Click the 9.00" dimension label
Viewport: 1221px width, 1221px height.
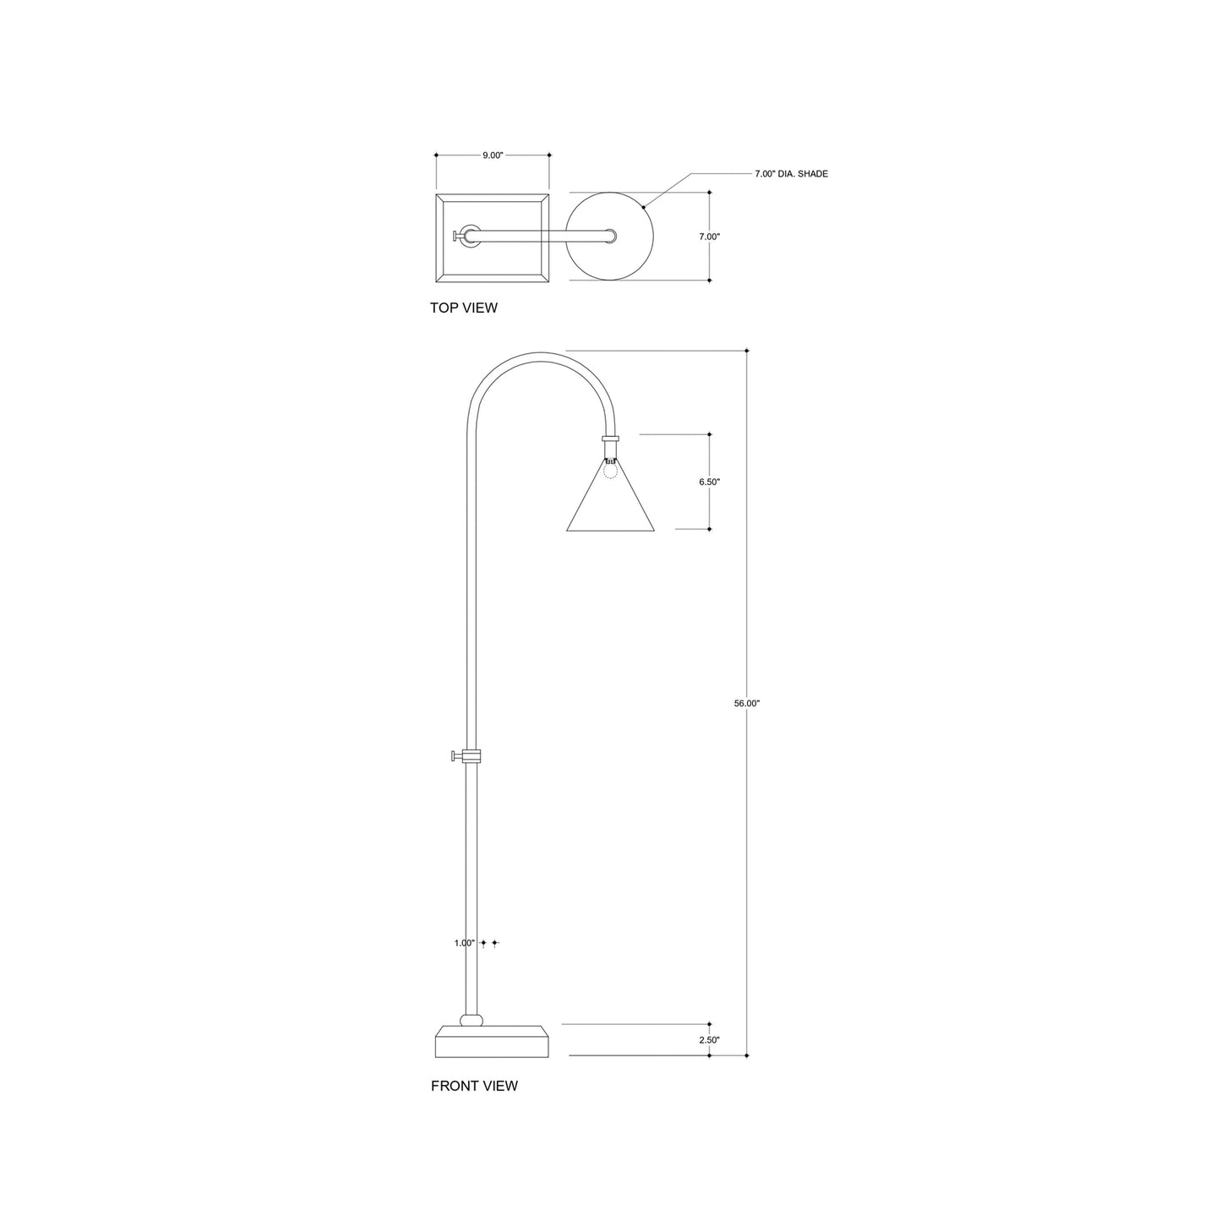493,155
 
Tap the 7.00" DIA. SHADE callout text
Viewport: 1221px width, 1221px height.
791,174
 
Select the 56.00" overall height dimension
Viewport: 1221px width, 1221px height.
747,703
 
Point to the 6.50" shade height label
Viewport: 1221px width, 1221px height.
709,482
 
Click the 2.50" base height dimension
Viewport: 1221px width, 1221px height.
709,1040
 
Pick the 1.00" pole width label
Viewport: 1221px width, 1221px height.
464,943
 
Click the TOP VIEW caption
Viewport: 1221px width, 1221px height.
464,308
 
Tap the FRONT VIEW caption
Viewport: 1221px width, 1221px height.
474,1087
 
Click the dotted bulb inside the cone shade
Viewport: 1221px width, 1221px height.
610,470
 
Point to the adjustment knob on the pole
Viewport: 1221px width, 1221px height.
457,755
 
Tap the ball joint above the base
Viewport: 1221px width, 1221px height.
472,1019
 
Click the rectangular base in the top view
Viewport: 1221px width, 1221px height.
493,237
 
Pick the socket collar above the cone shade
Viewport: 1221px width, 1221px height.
610,439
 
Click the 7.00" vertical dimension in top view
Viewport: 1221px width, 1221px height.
709,237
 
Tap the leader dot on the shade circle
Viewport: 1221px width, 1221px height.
644,205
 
